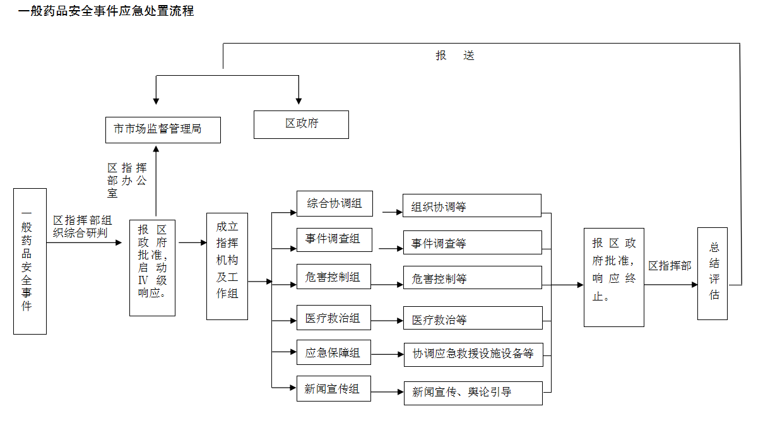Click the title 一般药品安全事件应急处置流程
pyautogui.click(x=106, y=11)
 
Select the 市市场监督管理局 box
pyautogui.click(x=163, y=129)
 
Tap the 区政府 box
pyautogui.click(x=301, y=124)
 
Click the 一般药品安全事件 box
pyautogui.click(x=30, y=261)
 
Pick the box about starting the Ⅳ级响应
pyautogui.click(x=152, y=268)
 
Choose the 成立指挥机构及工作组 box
pyautogui.click(x=227, y=266)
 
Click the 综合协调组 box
pyautogui.click(x=334, y=203)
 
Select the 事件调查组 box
pyautogui.click(x=334, y=239)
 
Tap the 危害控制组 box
pyautogui.click(x=334, y=277)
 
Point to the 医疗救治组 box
pyautogui.click(x=334, y=318)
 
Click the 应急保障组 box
pyautogui.click(x=334, y=353)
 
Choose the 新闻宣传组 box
pyautogui.click(x=334, y=388)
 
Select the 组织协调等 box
pyautogui.click(x=472, y=206)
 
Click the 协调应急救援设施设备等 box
pyautogui.click(x=473, y=354)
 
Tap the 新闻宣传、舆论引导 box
pyautogui.click(x=473, y=393)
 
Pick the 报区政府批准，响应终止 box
pyautogui.click(x=613, y=277)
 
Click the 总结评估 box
pyautogui.click(x=713, y=273)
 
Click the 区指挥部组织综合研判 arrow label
pyautogui.click(x=82, y=227)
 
